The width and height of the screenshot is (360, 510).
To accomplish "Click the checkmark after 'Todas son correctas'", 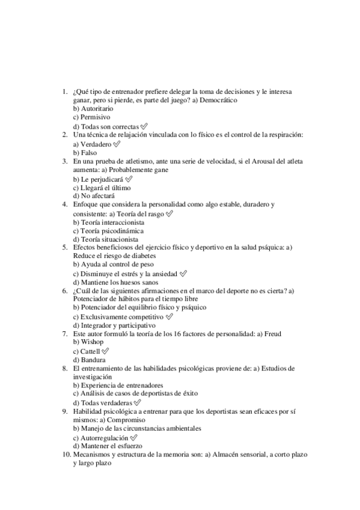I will (x=144, y=126).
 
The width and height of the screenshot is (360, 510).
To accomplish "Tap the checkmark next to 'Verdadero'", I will (x=116, y=144).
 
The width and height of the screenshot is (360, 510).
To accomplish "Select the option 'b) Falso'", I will (x=85, y=153).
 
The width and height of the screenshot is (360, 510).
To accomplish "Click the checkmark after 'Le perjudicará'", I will (x=129, y=179).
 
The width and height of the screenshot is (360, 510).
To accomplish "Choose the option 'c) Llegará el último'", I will (x=102, y=188).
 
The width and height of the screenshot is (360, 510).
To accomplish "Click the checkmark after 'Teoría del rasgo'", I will (x=169, y=214).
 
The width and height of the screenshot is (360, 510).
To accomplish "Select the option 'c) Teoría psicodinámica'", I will (x=108, y=231).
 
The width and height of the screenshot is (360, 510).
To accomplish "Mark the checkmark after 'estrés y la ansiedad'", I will (x=183, y=274).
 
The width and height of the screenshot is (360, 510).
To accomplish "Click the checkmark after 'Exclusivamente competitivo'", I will (x=169, y=316).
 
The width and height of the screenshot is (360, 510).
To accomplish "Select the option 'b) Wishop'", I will (x=88, y=342).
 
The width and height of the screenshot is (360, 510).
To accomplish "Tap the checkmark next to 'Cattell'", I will (x=105, y=351).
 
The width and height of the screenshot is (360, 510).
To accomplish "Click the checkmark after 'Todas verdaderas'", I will (x=137, y=402).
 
